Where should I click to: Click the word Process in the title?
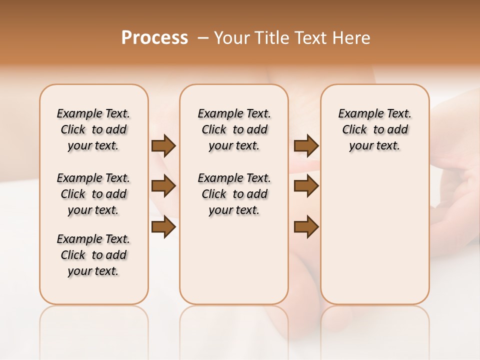[154, 37]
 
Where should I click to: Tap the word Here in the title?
[352, 37]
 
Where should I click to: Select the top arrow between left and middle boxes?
[163, 146]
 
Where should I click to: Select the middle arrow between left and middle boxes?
[163, 186]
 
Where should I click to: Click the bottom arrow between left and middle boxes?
[163, 227]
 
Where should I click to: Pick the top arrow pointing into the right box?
[306, 146]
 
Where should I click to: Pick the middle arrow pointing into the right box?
[306, 186]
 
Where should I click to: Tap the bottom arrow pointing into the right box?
[306, 227]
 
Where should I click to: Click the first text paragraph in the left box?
[93, 129]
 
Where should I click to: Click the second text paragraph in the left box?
[93, 194]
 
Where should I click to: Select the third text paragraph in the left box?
[93, 255]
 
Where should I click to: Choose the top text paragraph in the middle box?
[234, 129]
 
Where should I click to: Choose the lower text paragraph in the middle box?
[234, 194]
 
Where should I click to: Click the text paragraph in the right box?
[374, 129]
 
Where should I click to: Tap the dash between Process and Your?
[203, 38]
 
